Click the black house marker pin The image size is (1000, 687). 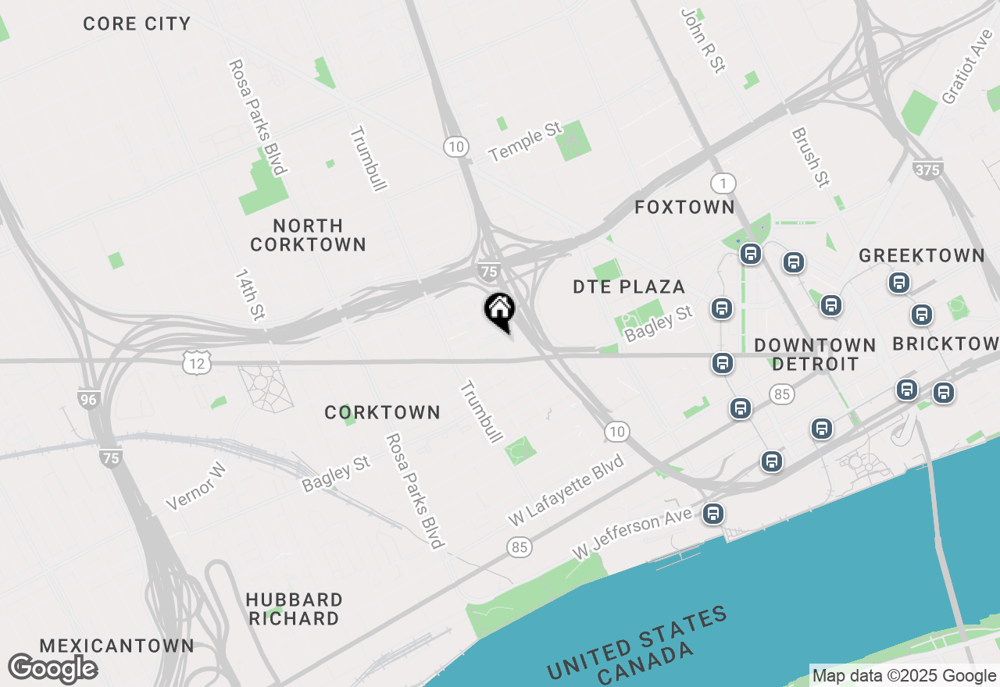[x=499, y=311]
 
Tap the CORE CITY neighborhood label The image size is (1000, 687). [x=137, y=23]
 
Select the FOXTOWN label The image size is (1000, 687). [x=684, y=207]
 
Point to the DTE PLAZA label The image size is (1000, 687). [x=629, y=287]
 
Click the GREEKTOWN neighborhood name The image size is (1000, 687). [x=922, y=255]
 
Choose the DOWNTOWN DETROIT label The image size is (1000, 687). [x=815, y=354]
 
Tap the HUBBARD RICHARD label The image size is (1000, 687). [x=294, y=609]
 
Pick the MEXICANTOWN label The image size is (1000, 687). [x=116, y=646]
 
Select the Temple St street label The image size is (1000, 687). [x=525, y=141]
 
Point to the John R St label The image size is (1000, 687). [x=702, y=41]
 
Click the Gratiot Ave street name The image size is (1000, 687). [x=966, y=67]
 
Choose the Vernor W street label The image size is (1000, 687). [x=196, y=486]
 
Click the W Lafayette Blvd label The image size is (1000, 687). [x=566, y=490]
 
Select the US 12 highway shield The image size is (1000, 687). [x=198, y=361]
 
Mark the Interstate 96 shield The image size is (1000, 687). [x=89, y=399]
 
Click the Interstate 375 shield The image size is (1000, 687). [x=927, y=169]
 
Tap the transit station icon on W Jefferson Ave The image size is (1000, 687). [x=712, y=514]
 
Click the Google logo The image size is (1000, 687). [x=52, y=668]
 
